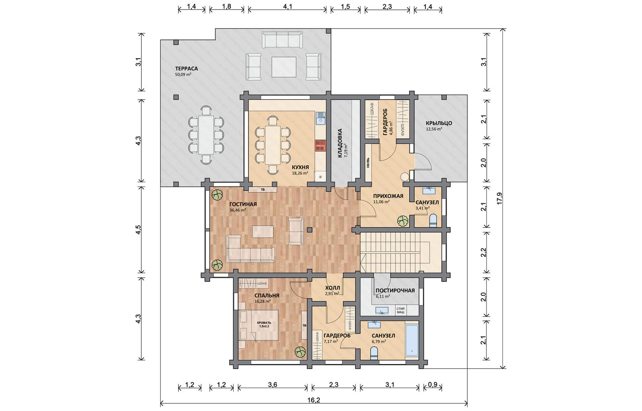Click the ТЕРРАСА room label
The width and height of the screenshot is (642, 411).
tap(186, 69)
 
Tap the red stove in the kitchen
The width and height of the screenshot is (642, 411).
tap(320, 145)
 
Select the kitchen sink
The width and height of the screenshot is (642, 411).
tap(320, 118)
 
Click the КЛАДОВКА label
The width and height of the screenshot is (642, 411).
tap(340, 143)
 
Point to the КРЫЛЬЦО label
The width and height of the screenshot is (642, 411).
tap(439, 123)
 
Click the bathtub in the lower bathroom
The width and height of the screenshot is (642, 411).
tap(412, 340)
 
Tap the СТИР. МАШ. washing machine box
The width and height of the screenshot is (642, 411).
tap(400, 310)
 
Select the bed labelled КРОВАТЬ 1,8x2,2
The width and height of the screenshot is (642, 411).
tap(258, 325)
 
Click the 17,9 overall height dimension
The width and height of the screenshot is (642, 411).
tap(499, 198)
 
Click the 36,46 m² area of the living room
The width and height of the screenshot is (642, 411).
tap(238, 210)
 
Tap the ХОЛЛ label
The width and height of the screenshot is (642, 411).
tap(332, 288)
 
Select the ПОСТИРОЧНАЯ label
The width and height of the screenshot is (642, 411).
tap(395, 291)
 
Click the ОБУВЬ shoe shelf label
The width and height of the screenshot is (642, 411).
tap(368, 163)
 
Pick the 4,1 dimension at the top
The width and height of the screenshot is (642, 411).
tap(287, 6)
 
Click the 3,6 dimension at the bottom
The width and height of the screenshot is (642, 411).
tap(273, 385)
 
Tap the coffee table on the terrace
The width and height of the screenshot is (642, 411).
tap(284, 67)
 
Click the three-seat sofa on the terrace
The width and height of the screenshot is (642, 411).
tap(282, 40)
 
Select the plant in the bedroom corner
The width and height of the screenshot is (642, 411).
tap(300, 352)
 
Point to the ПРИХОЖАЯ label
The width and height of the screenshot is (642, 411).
tap(388, 196)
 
